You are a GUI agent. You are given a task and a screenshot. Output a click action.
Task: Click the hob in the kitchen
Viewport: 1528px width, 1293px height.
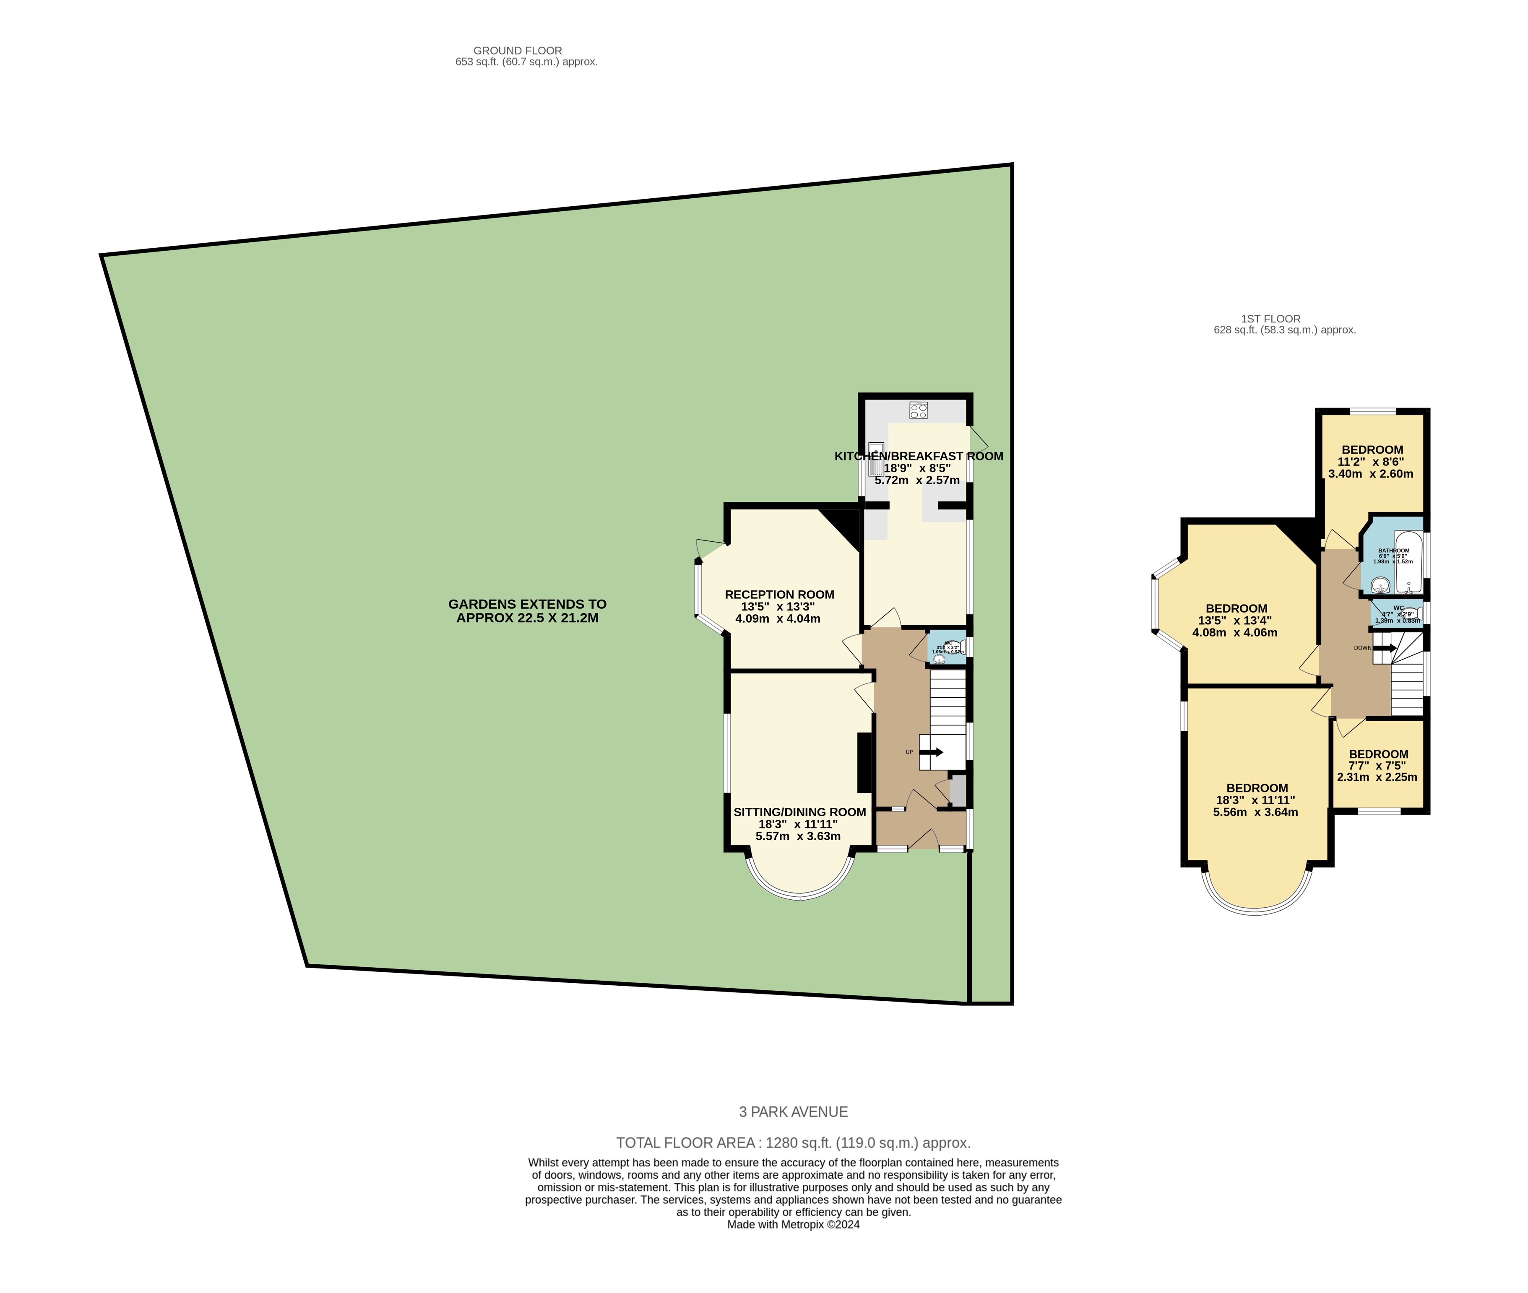(918, 410)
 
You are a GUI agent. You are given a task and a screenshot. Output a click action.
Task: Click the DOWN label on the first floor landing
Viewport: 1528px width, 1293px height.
(1362, 648)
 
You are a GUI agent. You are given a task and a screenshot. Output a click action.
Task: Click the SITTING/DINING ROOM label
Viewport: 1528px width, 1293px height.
(799, 812)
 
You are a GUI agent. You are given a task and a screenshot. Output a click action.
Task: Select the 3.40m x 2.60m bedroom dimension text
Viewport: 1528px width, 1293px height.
(1370, 473)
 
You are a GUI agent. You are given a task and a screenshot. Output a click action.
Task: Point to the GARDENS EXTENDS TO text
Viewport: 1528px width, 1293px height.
(527, 605)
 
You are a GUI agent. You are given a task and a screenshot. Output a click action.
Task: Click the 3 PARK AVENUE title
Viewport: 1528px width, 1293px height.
(793, 1112)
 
